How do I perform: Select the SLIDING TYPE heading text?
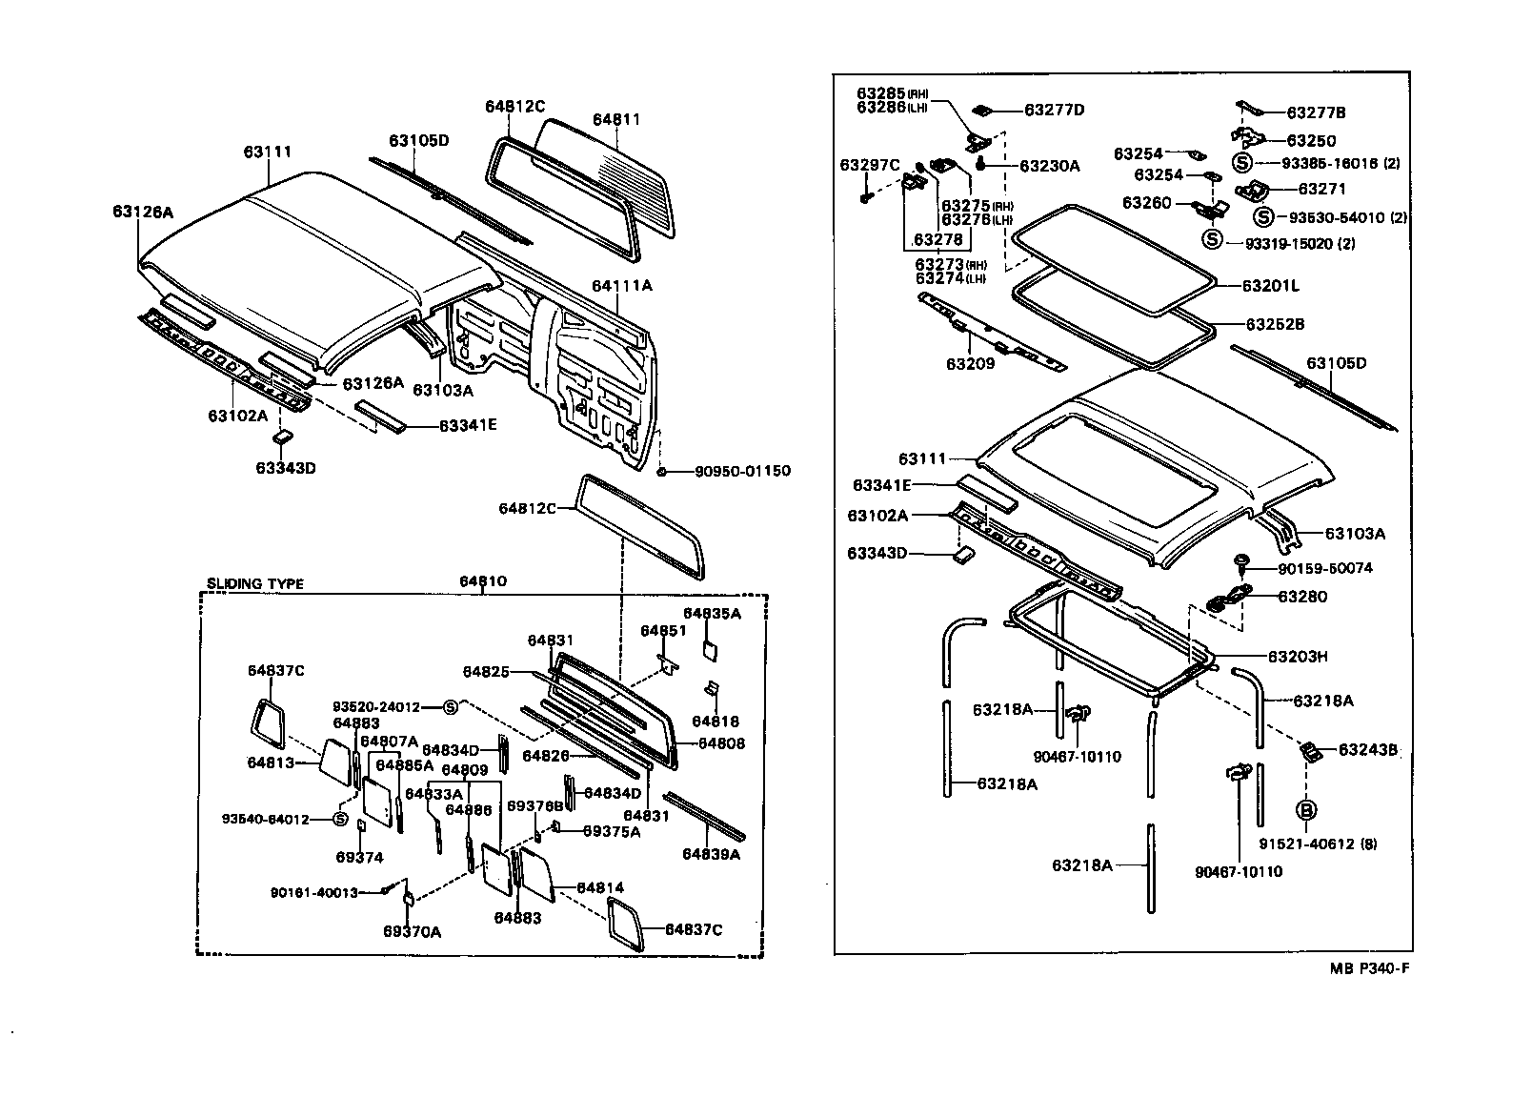coord(255,583)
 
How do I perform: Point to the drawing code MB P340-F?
coord(1369,968)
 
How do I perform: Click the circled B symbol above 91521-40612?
coord(1306,810)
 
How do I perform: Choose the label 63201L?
coord(1271,285)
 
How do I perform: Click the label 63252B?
coord(1274,324)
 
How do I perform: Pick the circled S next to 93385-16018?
coord(1241,163)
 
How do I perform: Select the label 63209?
coord(970,363)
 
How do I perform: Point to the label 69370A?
coord(412,931)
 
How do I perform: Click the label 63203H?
coord(1298,657)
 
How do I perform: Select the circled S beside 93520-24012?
coord(451,707)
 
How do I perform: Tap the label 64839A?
coord(711,854)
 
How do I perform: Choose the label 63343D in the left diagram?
coord(285,468)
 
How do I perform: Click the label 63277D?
coord(1054,110)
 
